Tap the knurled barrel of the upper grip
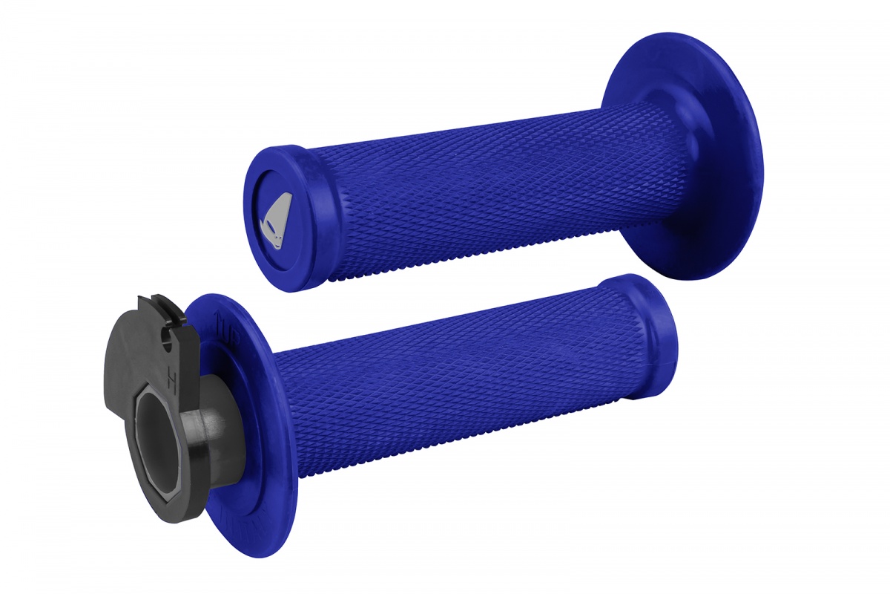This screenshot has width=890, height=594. coord(475,186)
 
